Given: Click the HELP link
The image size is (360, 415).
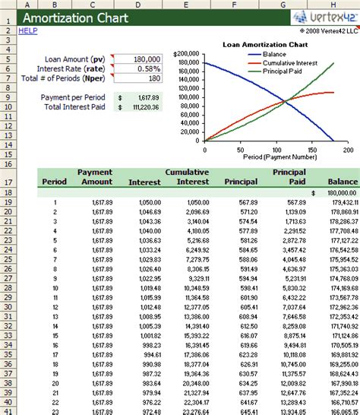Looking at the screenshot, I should click(x=27, y=31).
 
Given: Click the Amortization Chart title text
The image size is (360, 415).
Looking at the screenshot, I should click(x=74, y=17).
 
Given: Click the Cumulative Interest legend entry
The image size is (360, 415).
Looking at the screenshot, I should click(x=283, y=62).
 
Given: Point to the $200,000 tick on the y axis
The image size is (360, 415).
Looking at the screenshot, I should click(x=188, y=54).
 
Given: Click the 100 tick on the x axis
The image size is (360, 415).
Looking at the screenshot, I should click(x=279, y=149).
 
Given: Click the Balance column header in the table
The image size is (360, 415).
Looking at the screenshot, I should click(x=342, y=182).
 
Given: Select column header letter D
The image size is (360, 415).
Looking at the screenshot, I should click(x=137, y=5).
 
